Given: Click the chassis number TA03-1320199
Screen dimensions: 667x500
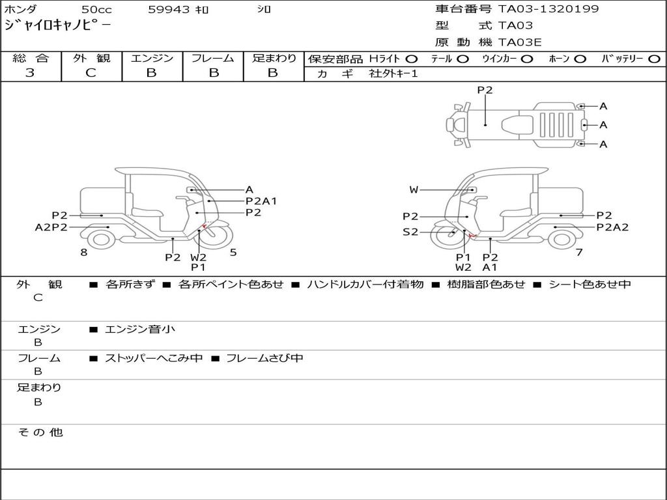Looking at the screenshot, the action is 548,9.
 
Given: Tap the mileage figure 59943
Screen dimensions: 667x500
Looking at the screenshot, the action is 169,10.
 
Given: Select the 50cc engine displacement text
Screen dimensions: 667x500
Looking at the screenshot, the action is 96,10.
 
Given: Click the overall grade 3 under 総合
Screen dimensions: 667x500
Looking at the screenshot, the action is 30,73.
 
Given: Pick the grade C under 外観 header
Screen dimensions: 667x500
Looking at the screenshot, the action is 91,73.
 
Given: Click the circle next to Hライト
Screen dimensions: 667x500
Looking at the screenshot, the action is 412,59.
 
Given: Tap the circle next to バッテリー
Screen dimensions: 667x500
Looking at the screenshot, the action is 654,59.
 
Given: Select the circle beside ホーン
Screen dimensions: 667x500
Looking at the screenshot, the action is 580,59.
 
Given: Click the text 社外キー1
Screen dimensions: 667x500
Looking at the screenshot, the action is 393,74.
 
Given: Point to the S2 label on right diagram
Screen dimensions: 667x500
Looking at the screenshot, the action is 410,232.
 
